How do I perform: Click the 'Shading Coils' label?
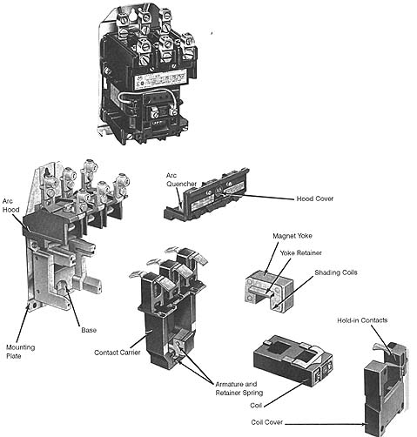point(338,272)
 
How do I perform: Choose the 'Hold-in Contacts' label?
point(363,319)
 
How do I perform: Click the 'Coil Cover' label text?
point(268,422)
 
